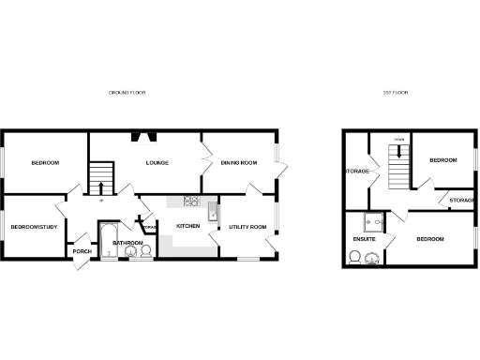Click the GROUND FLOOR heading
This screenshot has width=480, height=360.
pyautogui.click(x=127, y=93)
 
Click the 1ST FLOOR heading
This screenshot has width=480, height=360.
pyautogui.click(x=394, y=93)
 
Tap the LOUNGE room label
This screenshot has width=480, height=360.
pyautogui.click(x=157, y=163)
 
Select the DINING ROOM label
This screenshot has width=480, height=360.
pyautogui.click(x=239, y=163)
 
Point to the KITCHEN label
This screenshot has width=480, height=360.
pyautogui.click(x=187, y=226)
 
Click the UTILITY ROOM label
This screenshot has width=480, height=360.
pyautogui.click(x=248, y=227)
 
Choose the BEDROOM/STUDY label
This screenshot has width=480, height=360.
pyautogui.click(x=35, y=226)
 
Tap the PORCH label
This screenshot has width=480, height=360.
pyautogui.click(x=82, y=250)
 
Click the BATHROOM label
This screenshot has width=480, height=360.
pyautogui.click(x=127, y=244)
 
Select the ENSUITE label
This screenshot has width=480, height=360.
pyautogui.click(x=365, y=240)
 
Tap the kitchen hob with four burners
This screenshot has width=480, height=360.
pyautogui.click(x=191, y=200)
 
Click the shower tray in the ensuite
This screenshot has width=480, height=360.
pyautogui.click(x=375, y=222)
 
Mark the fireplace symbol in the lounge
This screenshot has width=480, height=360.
pyautogui.click(x=145, y=136)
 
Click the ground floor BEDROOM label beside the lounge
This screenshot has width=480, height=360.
pyautogui.click(x=45, y=163)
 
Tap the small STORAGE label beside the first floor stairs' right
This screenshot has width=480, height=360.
pyautogui.click(x=460, y=200)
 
